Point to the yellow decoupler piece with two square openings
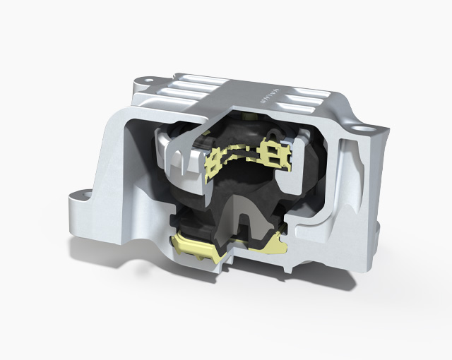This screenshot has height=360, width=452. coord(273,151)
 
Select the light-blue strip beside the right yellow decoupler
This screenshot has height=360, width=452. coord(291,158)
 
